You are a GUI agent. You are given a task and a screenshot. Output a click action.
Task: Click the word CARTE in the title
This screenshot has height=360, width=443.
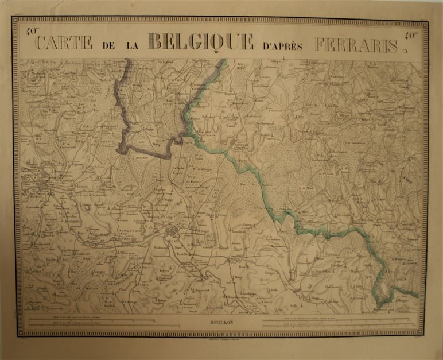coord(64,42)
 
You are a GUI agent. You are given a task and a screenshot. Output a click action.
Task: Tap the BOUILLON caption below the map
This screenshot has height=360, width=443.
coord(222,323)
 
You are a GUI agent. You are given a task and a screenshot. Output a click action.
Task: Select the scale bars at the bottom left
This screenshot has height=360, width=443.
coord(92,322)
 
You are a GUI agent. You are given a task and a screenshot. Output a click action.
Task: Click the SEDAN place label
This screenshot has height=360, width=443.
coord(172,239)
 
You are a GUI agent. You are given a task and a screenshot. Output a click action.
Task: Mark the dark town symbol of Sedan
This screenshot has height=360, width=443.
coord(173,231)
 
